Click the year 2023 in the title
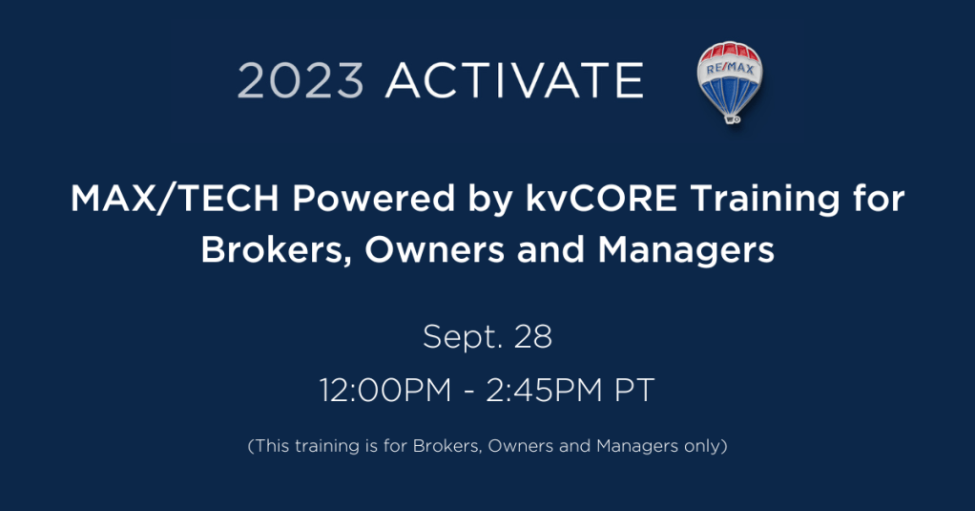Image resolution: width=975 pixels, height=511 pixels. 301,80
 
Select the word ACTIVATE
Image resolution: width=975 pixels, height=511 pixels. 515,80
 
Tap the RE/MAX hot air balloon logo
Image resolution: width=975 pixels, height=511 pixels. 730,82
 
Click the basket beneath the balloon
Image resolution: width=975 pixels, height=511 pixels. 733,118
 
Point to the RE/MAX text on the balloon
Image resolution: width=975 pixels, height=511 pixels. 730,68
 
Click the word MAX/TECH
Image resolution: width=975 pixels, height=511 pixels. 175,200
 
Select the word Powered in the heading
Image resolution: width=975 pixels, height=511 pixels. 374,200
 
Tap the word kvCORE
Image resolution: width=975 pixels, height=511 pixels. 601,200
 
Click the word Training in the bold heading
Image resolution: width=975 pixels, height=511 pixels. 765,201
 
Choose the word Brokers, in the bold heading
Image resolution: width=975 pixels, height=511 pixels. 277,251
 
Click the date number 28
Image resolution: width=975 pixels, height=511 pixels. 533,337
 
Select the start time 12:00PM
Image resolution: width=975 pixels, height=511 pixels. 385,391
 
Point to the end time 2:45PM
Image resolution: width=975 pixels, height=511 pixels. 545,391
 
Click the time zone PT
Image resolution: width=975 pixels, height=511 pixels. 634,391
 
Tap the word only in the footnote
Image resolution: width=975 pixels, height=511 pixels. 703,446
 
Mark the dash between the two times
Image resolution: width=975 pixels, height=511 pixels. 468,394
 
